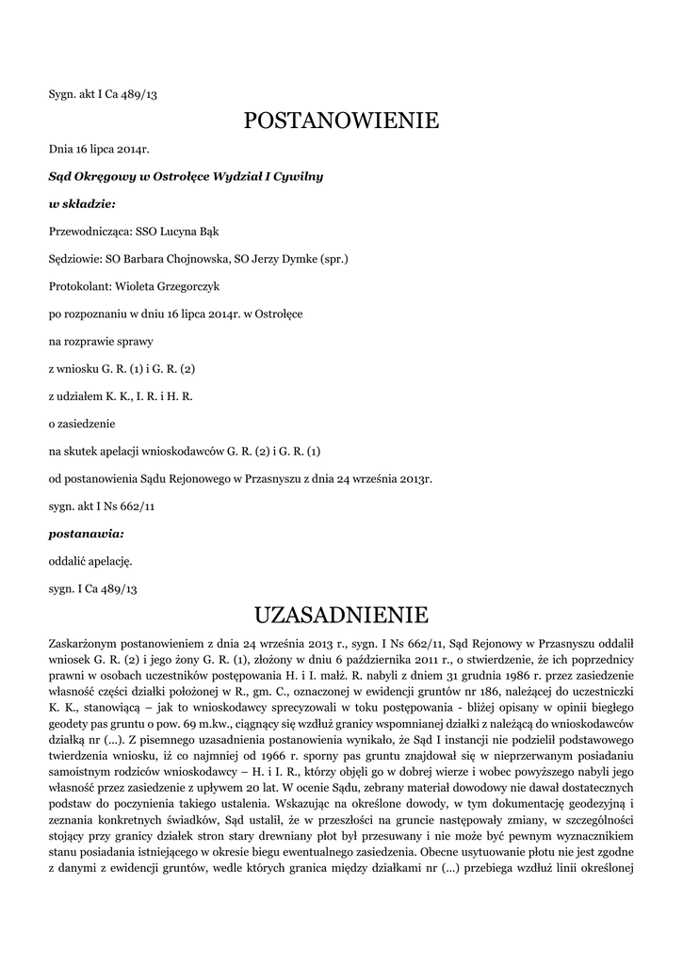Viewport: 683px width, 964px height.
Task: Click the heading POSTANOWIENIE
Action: (341, 120)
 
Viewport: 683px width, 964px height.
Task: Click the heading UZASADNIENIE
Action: (341, 616)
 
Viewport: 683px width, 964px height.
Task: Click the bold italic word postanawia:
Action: (86, 533)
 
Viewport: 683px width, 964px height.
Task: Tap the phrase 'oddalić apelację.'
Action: (90, 561)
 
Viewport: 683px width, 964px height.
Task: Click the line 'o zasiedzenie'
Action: (85, 424)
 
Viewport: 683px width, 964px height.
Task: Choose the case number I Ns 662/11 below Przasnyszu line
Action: (101, 506)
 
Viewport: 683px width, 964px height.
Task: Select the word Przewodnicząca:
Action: (89, 231)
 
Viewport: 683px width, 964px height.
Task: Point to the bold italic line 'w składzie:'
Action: (82, 203)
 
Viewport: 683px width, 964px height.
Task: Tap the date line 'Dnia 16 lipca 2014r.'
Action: (99, 149)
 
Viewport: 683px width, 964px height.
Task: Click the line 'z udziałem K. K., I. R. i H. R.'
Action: (121, 396)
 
